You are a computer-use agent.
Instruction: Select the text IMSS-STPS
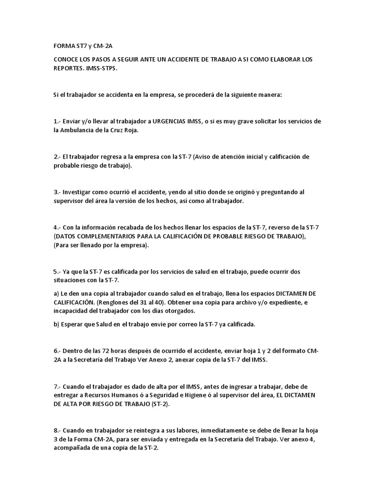[x=102, y=68]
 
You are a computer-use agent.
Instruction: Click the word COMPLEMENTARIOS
[x=111, y=236]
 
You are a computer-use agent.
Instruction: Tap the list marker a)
[x=57, y=293]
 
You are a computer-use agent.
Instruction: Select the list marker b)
[x=57, y=324]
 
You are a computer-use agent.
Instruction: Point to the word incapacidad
[x=73, y=311]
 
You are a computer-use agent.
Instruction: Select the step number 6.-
[x=58, y=351]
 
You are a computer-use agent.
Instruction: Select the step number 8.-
[x=58, y=430]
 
